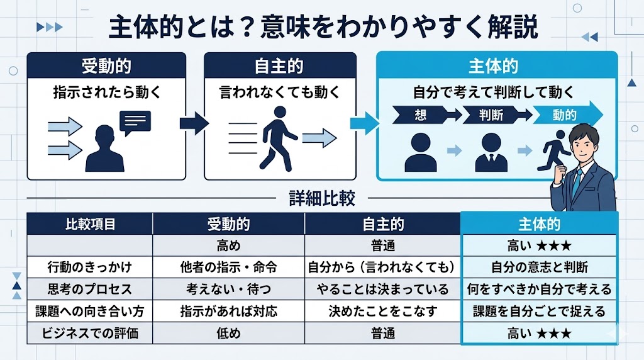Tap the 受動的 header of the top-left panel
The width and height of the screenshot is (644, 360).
tap(106, 65)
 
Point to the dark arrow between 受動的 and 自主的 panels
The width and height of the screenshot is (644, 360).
tap(194, 122)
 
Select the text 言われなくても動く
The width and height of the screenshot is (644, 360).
tap(280, 93)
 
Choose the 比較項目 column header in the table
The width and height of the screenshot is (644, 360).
tap(90, 225)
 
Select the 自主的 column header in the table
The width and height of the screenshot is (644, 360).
tap(383, 225)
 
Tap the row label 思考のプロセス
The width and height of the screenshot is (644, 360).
tap(90, 289)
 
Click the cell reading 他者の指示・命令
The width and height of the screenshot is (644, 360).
tap(228, 267)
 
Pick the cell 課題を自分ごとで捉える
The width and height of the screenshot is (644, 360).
tap(539, 311)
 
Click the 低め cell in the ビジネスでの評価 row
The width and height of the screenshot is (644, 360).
tap(228, 333)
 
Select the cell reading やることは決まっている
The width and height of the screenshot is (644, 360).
tap(383, 289)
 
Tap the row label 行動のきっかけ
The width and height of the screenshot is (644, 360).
tap(90, 267)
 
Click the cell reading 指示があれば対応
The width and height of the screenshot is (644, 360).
tap(228, 311)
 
